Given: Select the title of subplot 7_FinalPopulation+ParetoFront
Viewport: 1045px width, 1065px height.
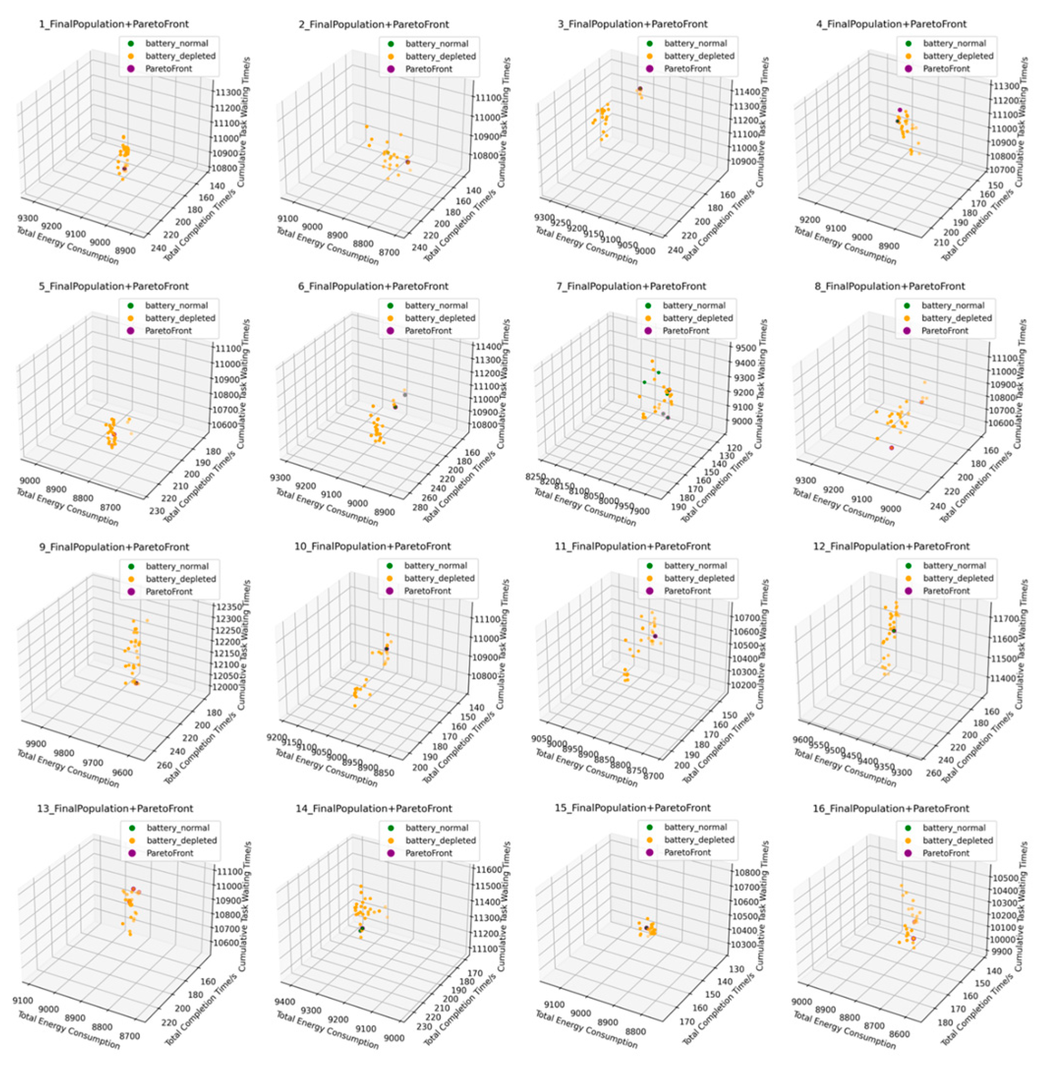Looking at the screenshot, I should pyautogui.click(x=631, y=286).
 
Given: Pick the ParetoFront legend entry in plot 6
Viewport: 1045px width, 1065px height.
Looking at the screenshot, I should pyautogui.click(x=428, y=330).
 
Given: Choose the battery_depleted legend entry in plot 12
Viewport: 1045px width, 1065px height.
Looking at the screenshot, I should pyautogui.click(x=958, y=578).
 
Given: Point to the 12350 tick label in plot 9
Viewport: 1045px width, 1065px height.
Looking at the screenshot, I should pyautogui.click(x=226, y=606).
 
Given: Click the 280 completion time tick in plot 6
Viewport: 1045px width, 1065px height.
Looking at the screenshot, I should pyautogui.click(x=419, y=507).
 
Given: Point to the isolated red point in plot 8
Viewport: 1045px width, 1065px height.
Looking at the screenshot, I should pyautogui.click(x=891, y=448).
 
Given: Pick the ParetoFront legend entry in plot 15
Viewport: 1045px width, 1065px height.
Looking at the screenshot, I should pyautogui.click(x=687, y=852).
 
